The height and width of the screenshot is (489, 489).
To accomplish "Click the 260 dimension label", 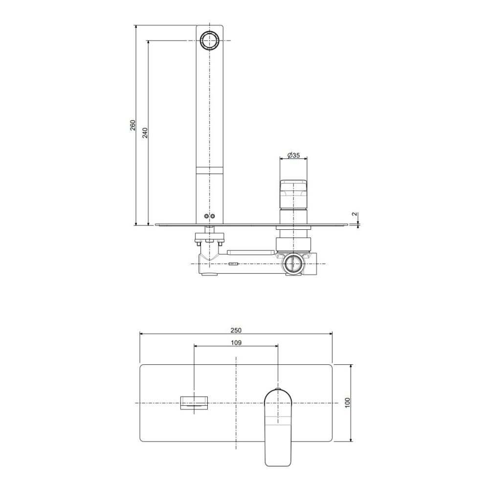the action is [x=133, y=125].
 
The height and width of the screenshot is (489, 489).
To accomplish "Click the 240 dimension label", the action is [x=145, y=133].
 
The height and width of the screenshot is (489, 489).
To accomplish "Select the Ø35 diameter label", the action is [x=293, y=155].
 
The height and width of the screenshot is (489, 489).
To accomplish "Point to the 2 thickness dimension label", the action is [x=354, y=214].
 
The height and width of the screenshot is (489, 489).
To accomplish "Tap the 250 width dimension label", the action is [x=236, y=330].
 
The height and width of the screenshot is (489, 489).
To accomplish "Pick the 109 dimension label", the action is [x=236, y=343].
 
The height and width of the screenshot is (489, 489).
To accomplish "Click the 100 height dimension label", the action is [x=348, y=402].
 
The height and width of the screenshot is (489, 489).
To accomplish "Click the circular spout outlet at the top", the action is [x=210, y=41].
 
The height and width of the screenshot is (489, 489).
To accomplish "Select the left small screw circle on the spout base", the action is [x=206, y=217].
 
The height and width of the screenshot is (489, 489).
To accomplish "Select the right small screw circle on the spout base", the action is [x=213, y=217].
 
